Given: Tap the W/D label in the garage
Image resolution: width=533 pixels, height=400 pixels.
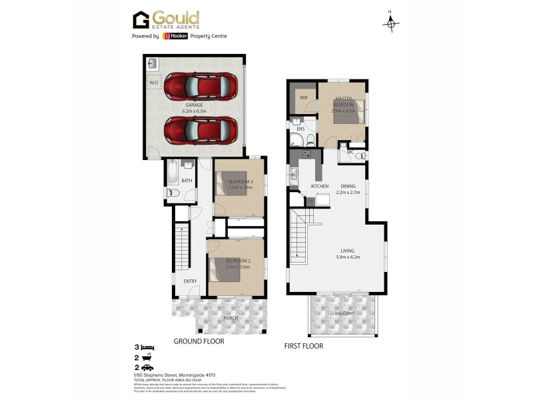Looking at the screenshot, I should point(155,83).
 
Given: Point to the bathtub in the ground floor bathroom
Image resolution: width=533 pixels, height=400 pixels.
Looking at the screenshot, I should point(173,173).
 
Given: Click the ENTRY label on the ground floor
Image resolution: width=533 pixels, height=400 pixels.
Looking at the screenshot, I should point(190,281).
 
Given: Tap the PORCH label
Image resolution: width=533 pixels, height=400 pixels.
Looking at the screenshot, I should point(231,317).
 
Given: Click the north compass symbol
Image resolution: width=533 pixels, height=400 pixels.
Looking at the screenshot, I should point(391,23).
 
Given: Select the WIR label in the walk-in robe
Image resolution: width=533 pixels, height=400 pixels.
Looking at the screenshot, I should point(303,98).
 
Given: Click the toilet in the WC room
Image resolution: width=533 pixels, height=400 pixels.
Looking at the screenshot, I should point(358,155).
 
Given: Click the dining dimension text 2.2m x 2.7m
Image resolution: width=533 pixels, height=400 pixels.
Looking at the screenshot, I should point(348,193).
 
